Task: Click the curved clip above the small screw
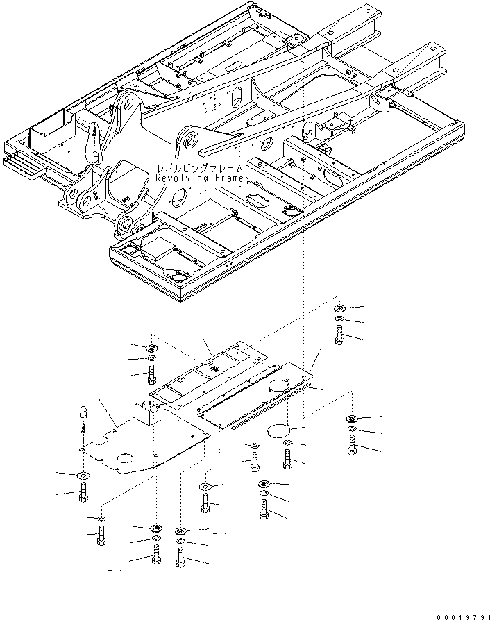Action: [81, 412]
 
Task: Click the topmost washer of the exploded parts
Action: [339, 308]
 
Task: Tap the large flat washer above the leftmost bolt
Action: [83, 475]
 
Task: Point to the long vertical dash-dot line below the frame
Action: [303, 292]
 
